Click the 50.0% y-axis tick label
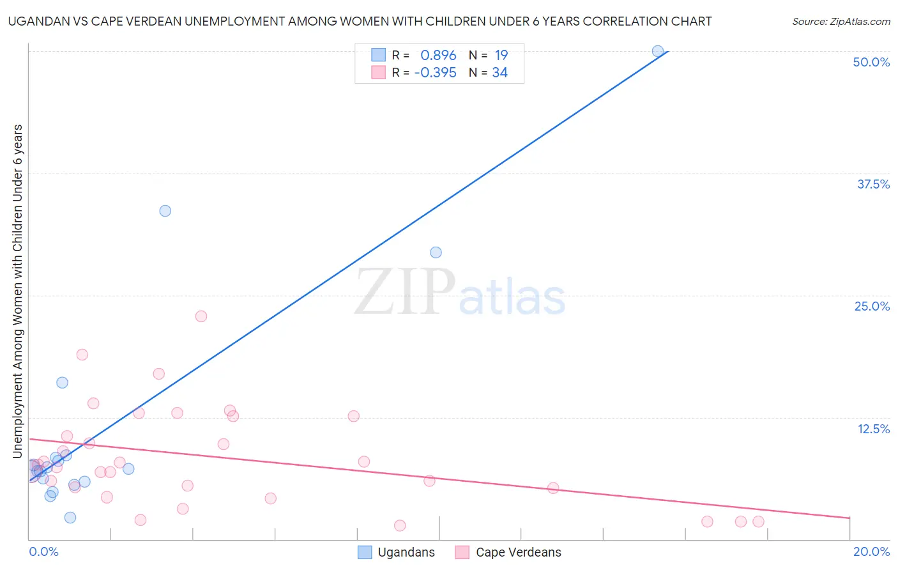871,62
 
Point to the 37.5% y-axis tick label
873,184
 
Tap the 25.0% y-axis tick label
872,306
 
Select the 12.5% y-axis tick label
873,429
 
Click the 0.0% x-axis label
43,551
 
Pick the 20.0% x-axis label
871,551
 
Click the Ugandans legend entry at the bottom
397,552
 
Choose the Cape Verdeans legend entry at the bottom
508,552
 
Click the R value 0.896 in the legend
438,56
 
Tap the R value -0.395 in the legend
435,73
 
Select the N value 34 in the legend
499,73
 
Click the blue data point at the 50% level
658,51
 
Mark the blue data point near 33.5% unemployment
165,211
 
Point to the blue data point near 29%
436,252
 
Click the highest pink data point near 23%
201,316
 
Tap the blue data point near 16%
62,383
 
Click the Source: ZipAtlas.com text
841,22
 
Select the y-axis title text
18,291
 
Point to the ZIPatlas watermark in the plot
460,293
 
